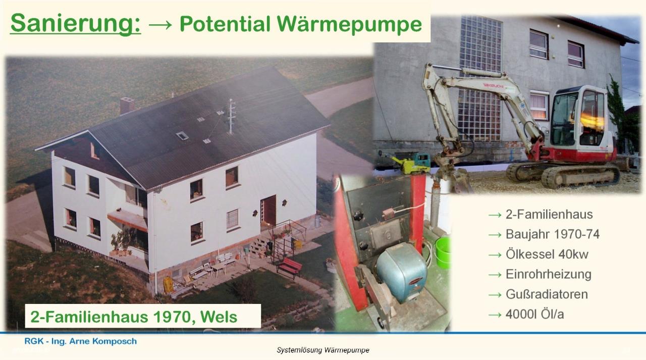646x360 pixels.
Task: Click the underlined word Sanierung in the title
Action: point(75,23)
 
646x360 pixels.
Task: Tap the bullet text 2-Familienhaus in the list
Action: point(549,214)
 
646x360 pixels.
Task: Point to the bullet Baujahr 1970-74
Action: point(553,234)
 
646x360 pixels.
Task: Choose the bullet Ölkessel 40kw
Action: point(547,254)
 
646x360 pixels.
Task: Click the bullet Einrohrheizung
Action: point(548,274)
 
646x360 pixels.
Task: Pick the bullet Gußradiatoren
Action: point(547,294)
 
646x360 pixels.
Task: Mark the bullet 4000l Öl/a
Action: point(534,314)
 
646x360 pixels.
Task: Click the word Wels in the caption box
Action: point(219,317)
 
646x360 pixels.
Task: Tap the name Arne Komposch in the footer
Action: point(103,341)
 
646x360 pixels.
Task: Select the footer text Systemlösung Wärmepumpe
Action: point(322,350)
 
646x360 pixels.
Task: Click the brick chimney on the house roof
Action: point(127,105)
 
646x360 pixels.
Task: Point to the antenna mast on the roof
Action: point(231,116)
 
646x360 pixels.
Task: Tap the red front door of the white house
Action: point(268,210)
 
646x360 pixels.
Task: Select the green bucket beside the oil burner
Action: point(442,252)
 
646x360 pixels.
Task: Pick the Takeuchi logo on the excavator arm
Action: point(494,86)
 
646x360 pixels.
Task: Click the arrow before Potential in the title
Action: point(160,25)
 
